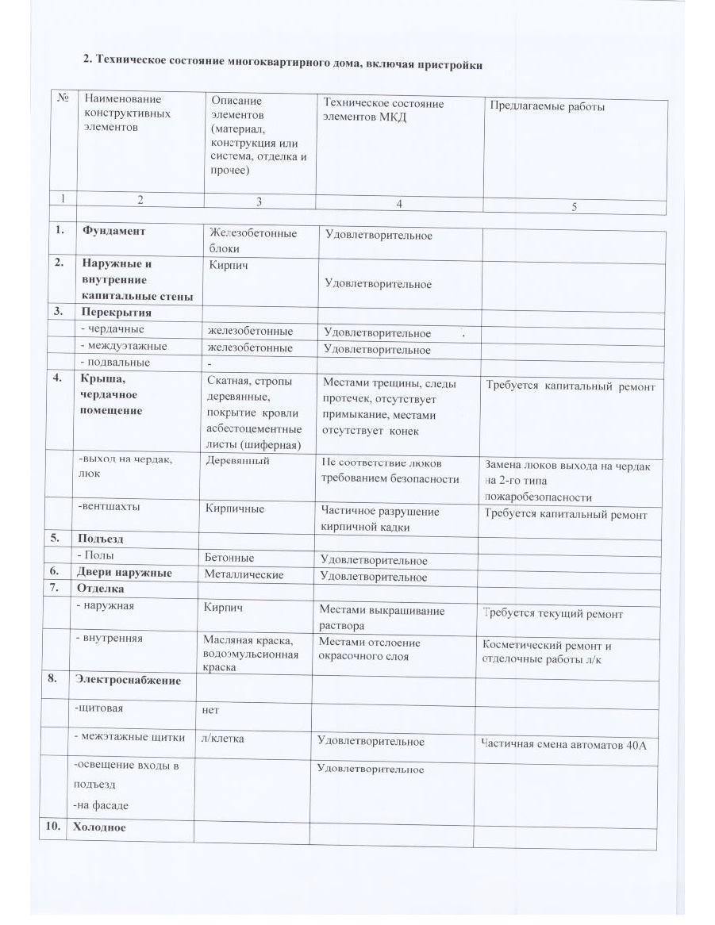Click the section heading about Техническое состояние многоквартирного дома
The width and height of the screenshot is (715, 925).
click(283, 63)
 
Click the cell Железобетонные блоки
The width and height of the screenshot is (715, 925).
click(252, 240)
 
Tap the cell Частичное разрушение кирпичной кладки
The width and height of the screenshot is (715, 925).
click(379, 519)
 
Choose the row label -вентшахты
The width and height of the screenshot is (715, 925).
click(102, 505)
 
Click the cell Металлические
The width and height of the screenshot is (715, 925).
click(244, 574)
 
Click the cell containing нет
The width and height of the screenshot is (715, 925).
click(210, 710)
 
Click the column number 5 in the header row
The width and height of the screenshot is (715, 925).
click(574, 207)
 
